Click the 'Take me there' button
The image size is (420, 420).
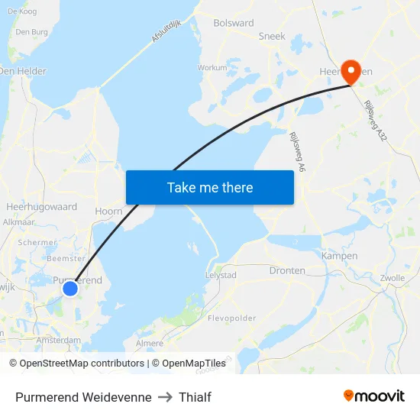click(x=209, y=187)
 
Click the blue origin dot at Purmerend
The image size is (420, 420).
click(x=69, y=288)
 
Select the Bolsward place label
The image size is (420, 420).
click(x=234, y=23)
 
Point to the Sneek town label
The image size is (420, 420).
click(x=272, y=36)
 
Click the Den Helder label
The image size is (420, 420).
click(x=22, y=71)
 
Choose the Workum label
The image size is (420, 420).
click(x=212, y=67)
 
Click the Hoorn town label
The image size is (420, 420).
click(x=108, y=211)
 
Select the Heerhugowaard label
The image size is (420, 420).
click(x=41, y=207)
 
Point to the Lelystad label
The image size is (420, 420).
click(x=221, y=275)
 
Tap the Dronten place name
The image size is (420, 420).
click(x=287, y=270)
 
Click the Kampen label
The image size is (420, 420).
click(x=340, y=256)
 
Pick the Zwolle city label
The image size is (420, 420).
click(x=392, y=278)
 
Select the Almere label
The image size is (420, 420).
click(x=150, y=344)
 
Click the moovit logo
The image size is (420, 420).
click(x=374, y=396)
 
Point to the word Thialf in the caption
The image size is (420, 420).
click(x=195, y=397)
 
